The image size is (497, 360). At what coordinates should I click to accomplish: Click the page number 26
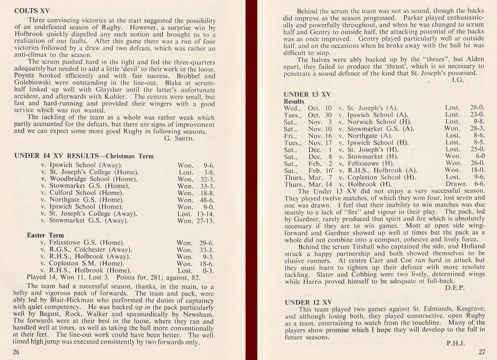point(16,352)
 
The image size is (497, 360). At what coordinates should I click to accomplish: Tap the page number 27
point(482,352)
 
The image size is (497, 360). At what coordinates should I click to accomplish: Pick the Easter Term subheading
point(45,235)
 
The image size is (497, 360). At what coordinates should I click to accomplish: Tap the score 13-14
point(205,214)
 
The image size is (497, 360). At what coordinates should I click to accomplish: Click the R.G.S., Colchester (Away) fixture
point(87,250)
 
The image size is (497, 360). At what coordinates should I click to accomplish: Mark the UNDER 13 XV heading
point(307,94)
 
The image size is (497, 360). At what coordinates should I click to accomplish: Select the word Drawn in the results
point(456,184)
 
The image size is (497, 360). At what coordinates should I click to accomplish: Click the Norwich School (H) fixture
point(371,122)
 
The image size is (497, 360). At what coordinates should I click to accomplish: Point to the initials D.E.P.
point(455,288)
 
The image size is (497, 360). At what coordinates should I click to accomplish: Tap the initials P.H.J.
point(455,343)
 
